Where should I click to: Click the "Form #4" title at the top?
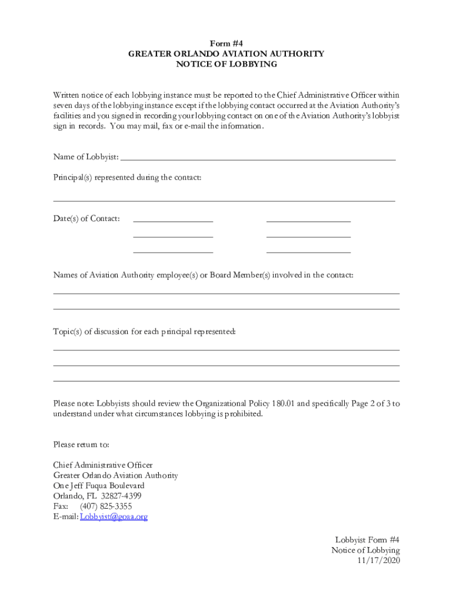[226, 43]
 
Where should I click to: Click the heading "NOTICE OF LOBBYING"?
[226, 64]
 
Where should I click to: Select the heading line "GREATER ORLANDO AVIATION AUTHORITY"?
[226, 54]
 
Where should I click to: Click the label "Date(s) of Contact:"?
[86, 218]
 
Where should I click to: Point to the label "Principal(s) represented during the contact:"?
[127, 177]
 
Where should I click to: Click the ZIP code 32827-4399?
[121, 496]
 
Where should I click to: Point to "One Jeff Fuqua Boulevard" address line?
[99, 486]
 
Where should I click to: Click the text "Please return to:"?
[81, 444]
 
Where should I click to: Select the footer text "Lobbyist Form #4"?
[368, 539]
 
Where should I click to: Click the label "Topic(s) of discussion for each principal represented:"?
[145, 332]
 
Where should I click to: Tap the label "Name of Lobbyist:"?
[86, 157]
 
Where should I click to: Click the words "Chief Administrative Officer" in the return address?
[103, 465]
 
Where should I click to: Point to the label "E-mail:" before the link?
[66, 516]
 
